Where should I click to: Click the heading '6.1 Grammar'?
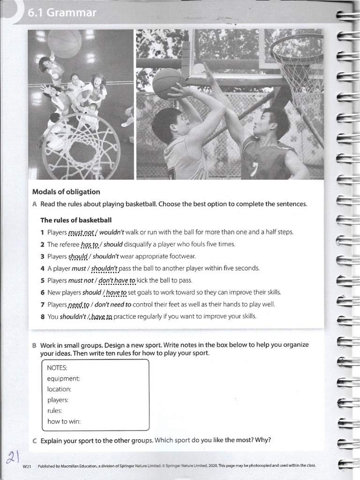(62, 13)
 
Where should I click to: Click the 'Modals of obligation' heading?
(66, 192)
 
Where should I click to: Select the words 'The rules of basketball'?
(76, 220)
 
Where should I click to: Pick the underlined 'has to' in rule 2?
(90, 244)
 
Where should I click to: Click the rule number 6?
(42, 292)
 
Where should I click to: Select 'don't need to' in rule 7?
(112, 304)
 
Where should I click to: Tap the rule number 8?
(42, 316)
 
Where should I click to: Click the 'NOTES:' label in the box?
(57, 367)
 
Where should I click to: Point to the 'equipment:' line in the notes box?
(63, 378)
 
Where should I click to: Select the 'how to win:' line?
(64, 421)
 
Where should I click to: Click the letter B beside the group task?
(34, 345)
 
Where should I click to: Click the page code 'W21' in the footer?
(26, 466)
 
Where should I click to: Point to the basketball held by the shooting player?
(168, 84)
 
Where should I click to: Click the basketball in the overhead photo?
(65, 44)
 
